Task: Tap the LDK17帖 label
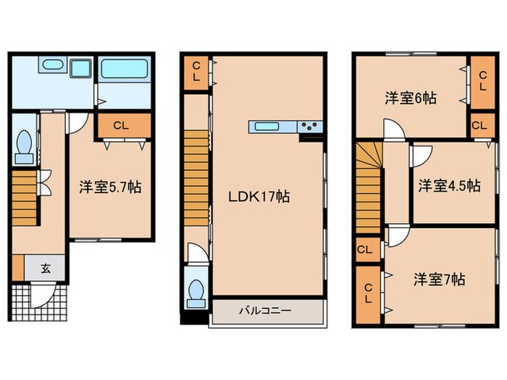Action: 259,196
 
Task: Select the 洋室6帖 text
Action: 410,98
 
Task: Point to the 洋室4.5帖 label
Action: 448,186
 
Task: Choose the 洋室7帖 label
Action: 439,278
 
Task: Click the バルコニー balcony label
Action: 265,311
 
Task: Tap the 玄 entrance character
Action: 45,269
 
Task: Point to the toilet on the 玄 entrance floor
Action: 22,145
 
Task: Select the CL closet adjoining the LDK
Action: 196,72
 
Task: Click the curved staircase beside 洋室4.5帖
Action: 368,188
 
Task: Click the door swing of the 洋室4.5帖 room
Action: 420,155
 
